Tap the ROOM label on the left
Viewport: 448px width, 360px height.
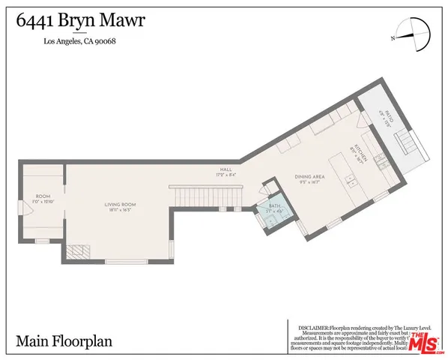[43, 196]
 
